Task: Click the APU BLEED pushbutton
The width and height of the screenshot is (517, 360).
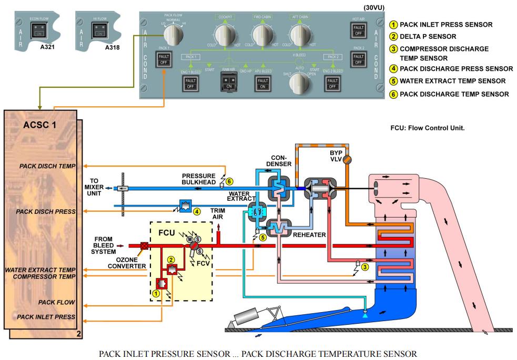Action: (x=262, y=83)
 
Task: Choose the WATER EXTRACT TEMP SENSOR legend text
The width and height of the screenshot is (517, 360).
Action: (x=451, y=81)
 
